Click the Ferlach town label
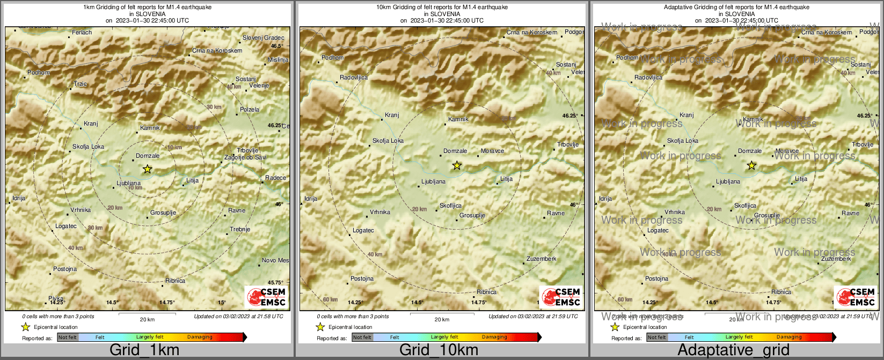click(x=82, y=33)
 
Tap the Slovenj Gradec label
click(x=263, y=38)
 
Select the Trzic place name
click(x=81, y=84)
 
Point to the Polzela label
click(x=250, y=110)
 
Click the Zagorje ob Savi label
click(x=245, y=158)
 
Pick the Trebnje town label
click(x=240, y=230)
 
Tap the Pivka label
click(x=56, y=299)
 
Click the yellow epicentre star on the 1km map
click(x=148, y=169)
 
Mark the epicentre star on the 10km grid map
click(x=457, y=166)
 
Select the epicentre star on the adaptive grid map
click(x=751, y=166)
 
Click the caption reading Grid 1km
click(x=144, y=350)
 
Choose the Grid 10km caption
click(x=439, y=350)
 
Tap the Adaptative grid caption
click(x=733, y=350)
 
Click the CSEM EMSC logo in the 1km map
click(x=266, y=297)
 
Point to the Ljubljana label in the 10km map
click(x=433, y=182)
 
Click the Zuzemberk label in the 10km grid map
click(x=541, y=259)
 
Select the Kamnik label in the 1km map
click(x=150, y=128)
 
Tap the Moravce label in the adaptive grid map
click(x=787, y=151)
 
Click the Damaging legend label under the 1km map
click(x=200, y=337)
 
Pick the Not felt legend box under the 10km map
click(x=362, y=337)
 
